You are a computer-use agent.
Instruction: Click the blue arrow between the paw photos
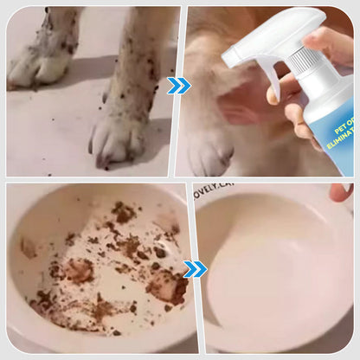click(178, 85)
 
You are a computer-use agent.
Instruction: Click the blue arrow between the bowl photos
click(196, 269)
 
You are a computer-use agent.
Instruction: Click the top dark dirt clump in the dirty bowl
click(123, 212)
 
